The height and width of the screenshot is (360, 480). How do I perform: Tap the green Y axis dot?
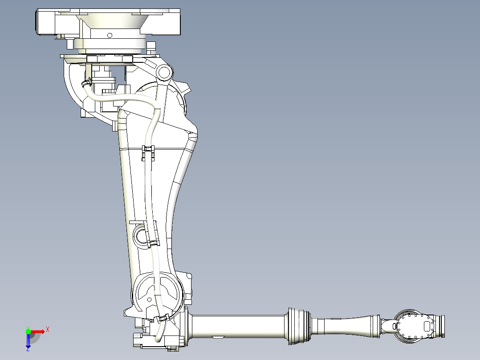pyautogui.click(x=28, y=331)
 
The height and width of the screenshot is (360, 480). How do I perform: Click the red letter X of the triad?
pyautogui.click(x=48, y=329)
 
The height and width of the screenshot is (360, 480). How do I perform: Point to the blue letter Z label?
pyautogui.click(x=28, y=349)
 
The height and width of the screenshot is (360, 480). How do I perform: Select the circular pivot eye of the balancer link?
pyautogui.click(x=163, y=72)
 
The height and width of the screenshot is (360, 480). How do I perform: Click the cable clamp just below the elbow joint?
pyautogui.click(x=161, y=318)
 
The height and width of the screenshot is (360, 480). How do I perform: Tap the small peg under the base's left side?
pyautogui.click(x=70, y=44)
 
